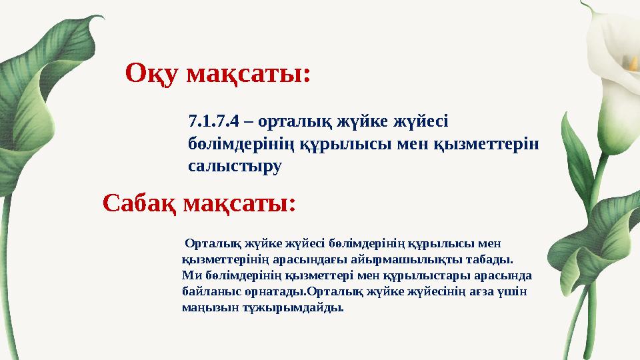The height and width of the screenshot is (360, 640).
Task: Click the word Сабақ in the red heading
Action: pyautogui.click(x=139, y=202)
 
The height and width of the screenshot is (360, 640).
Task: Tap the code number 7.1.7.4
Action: pyautogui.click(x=213, y=122)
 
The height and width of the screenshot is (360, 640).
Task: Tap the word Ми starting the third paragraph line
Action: pyautogui.click(x=189, y=275)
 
